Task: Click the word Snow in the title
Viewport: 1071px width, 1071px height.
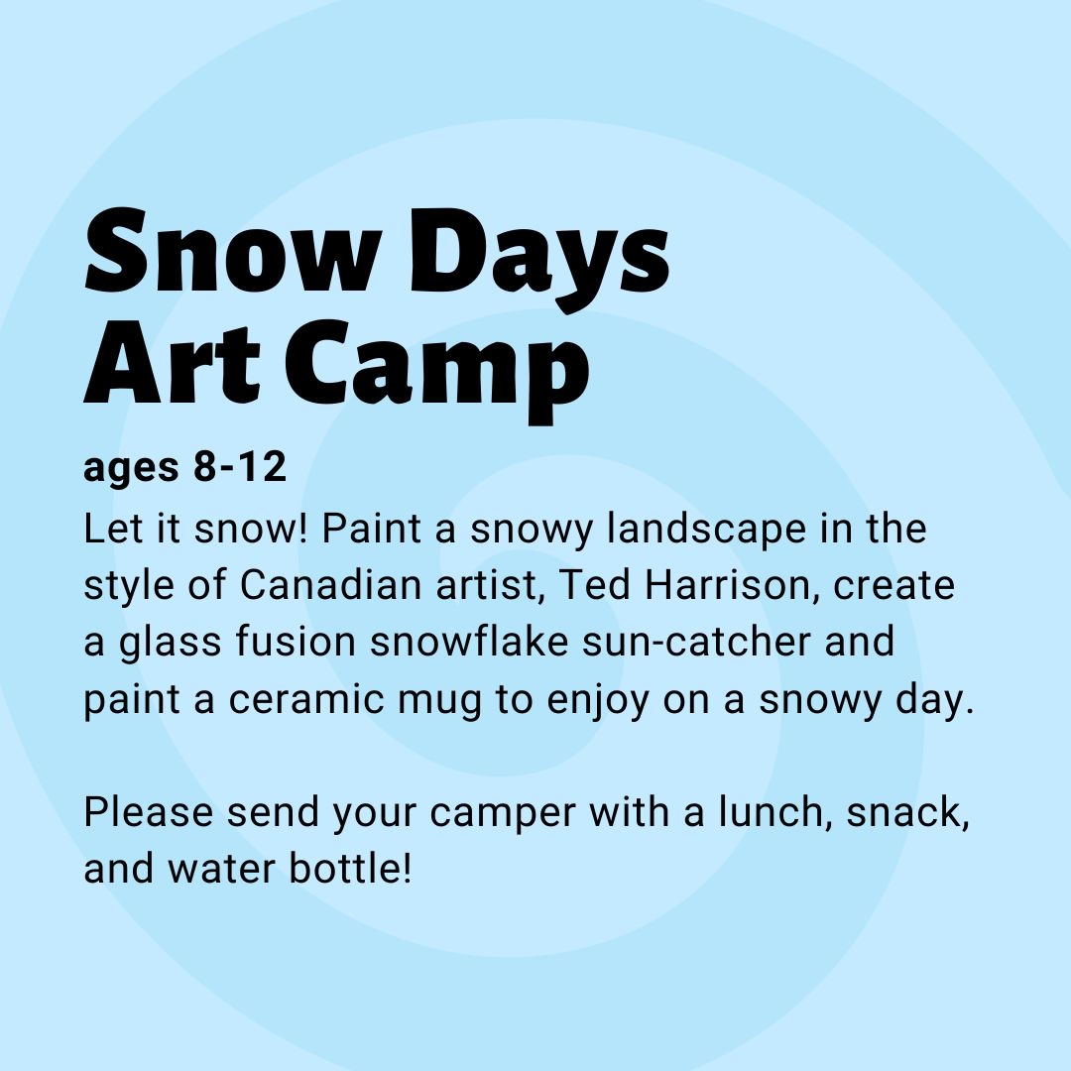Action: [x=232, y=250]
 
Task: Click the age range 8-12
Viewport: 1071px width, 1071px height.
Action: [x=239, y=467]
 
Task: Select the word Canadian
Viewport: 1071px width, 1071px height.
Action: [x=330, y=585]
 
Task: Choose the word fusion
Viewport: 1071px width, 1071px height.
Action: [x=296, y=642]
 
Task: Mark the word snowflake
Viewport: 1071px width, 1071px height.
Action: [x=469, y=642]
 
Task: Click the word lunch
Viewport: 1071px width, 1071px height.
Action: [x=770, y=812]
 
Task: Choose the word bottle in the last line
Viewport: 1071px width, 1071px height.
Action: [x=345, y=869]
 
